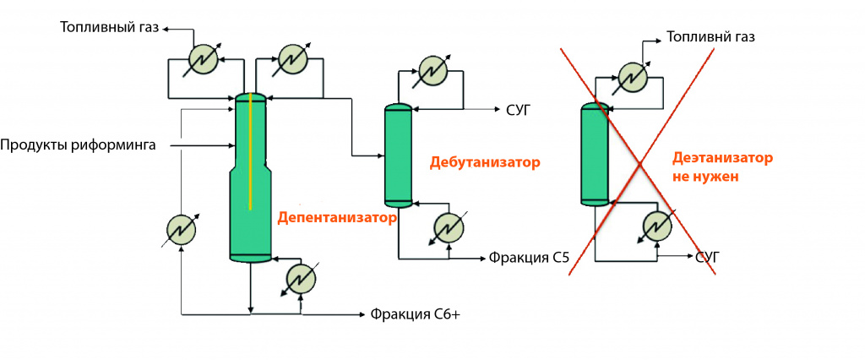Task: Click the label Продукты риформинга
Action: [78, 145]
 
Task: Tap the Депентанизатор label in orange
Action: [336, 217]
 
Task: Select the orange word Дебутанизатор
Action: [484, 161]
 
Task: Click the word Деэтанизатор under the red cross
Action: [722, 158]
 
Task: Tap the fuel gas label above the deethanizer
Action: [710, 37]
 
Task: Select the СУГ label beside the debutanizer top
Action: [516, 109]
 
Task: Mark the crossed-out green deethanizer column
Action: [596, 155]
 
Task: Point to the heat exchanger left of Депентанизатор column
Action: [181, 230]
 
